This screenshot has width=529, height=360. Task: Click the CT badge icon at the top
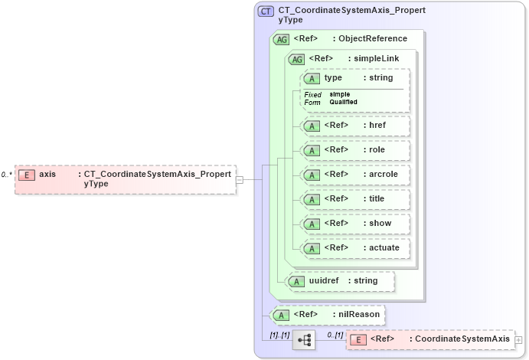pyautogui.click(x=266, y=11)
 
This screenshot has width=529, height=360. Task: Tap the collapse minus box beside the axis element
pyautogui.click(x=240, y=179)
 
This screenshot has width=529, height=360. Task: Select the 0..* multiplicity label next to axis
pyautogui.click(x=7, y=175)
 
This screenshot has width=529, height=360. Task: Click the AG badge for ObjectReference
pyautogui.click(x=281, y=39)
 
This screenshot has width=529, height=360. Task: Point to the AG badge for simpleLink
pyautogui.click(x=296, y=59)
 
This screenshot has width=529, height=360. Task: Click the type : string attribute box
pyautogui.click(x=356, y=78)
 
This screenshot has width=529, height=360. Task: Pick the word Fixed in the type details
pyautogui.click(x=313, y=94)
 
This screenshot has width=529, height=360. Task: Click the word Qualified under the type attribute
pyautogui.click(x=343, y=102)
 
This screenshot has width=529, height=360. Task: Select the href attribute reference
pyautogui.click(x=356, y=126)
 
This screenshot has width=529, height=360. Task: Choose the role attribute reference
pyautogui.click(x=356, y=150)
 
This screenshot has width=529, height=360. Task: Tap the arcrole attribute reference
pyautogui.click(x=356, y=175)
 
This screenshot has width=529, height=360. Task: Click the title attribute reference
pyautogui.click(x=356, y=199)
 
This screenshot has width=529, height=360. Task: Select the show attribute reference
pyautogui.click(x=356, y=224)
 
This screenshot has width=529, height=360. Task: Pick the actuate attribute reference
pyautogui.click(x=356, y=248)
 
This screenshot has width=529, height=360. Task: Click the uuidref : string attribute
pyautogui.click(x=341, y=281)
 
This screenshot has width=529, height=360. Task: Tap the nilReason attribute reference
pyautogui.click(x=328, y=315)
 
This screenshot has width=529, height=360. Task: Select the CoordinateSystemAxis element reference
pyautogui.click(x=429, y=339)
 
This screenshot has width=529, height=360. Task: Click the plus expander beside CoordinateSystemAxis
pyautogui.click(x=518, y=339)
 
